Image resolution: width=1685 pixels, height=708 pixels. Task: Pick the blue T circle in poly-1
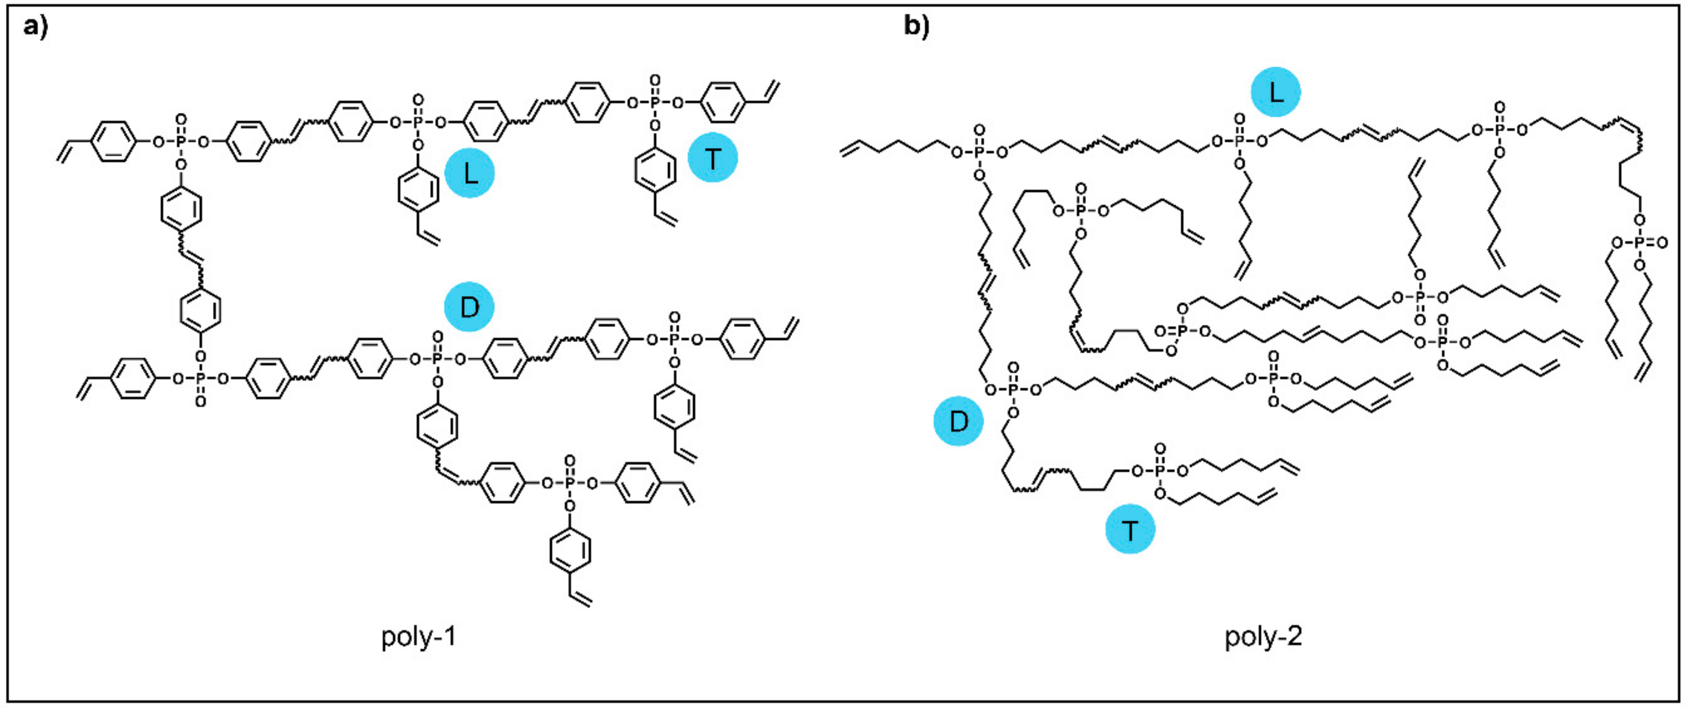pos(712,157)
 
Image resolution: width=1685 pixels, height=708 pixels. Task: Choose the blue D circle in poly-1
pos(469,306)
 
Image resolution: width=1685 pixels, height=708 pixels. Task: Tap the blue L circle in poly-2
pos(1275,92)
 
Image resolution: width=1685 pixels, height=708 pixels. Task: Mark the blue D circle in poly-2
pos(958,421)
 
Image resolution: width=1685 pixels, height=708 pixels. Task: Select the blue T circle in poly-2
pos(1130,530)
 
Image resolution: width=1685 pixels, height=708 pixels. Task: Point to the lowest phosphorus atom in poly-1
pos(570,484)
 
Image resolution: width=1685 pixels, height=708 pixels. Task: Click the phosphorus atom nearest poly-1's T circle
pos(655,102)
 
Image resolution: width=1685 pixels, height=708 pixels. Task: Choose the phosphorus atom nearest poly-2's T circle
pos(1160,471)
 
